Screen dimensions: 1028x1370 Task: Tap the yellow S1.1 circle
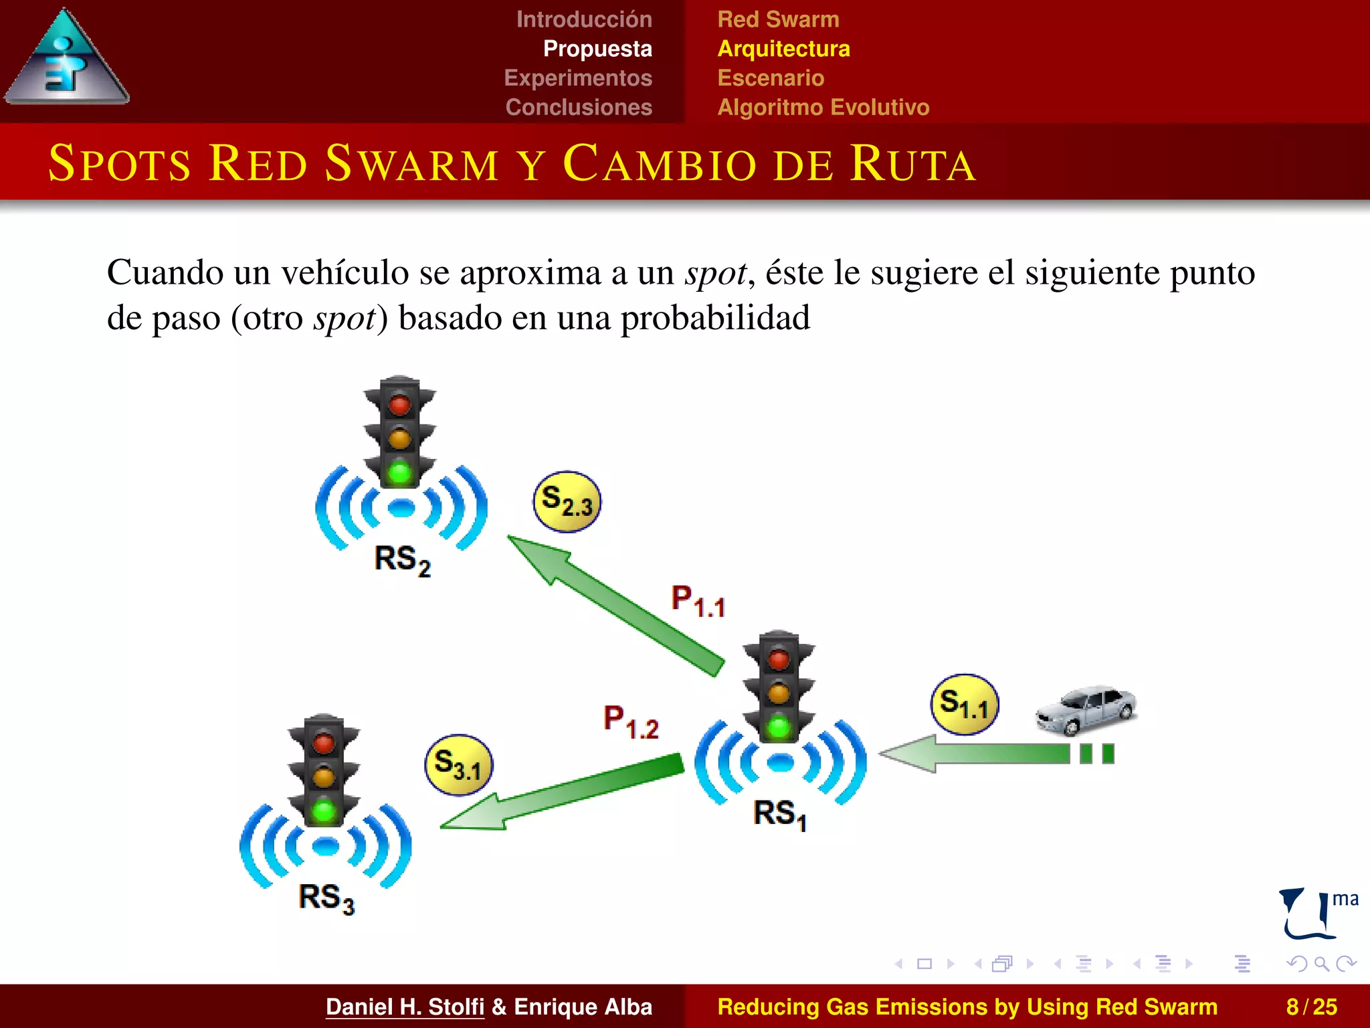coord(964,705)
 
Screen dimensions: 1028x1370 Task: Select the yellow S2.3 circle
coord(567,501)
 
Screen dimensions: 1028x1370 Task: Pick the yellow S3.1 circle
coord(458,765)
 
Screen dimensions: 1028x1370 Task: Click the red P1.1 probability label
coord(698,601)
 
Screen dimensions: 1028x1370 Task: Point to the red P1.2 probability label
coord(631,722)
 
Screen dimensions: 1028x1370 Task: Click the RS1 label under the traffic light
coord(780,814)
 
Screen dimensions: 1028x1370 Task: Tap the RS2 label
coord(402,560)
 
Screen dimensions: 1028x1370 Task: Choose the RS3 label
coord(326,897)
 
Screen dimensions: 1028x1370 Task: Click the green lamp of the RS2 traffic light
coord(400,473)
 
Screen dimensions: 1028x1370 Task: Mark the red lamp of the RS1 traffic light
coord(779,659)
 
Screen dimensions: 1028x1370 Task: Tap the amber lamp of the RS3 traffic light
coord(324,777)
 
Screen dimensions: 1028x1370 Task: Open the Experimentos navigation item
coord(578,78)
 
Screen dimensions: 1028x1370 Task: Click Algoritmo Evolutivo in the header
coord(823,107)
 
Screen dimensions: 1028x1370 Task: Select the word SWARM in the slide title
coord(411,163)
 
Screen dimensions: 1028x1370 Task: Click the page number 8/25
coord(1311,1007)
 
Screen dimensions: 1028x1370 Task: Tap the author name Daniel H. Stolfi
coord(405,1007)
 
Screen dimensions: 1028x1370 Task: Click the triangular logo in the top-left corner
coord(66,59)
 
